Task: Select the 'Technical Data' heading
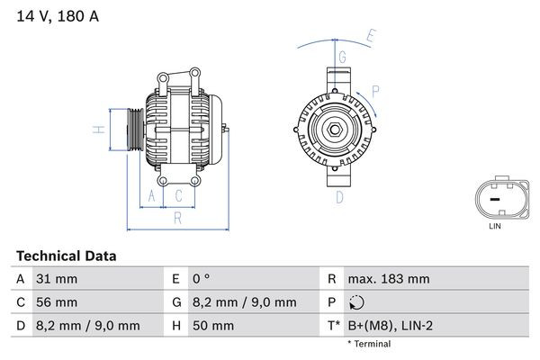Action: (x=66, y=256)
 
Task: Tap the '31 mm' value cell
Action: (x=55, y=279)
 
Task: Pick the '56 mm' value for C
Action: (x=56, y=302)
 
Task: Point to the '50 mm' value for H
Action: (x=213, y=326)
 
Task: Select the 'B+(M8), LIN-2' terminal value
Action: (x=391, y=326)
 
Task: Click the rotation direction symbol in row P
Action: (x=357, y=302)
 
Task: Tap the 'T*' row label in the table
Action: (x=332, y=326)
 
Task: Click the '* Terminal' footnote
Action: (x=369, y=344)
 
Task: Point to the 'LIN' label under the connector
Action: (x=494, y=227)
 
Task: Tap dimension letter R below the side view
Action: (x=178, y=217)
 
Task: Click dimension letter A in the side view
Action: (x=152, y=195)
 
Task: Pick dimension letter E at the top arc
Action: (x=370, y=38)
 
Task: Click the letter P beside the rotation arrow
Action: (x=375, y=90)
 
